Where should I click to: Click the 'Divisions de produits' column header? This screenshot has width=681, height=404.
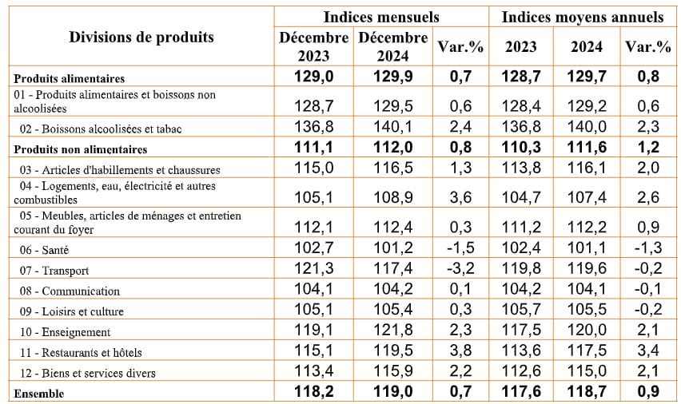coord(141,38)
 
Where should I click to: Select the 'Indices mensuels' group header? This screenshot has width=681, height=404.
coord(381,17)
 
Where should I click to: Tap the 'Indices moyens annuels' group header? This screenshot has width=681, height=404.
coord(583,17)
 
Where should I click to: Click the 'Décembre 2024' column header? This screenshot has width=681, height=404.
coord(392,47)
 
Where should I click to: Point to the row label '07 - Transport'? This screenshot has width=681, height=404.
coord(55,271)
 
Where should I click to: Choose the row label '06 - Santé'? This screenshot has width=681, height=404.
coord(47,251)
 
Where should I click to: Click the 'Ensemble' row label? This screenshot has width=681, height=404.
coord(39,393)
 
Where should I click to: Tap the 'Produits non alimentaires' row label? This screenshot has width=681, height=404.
coord(81,149)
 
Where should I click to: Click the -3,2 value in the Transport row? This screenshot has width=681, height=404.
coord(460,271)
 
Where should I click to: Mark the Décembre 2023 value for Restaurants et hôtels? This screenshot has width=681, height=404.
coord(313,351)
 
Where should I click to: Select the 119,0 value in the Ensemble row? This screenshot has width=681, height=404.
coord(392,393)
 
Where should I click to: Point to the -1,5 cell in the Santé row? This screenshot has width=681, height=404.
coord(460,250)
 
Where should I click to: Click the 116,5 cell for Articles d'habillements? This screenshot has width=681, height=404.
coord(392,169)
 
